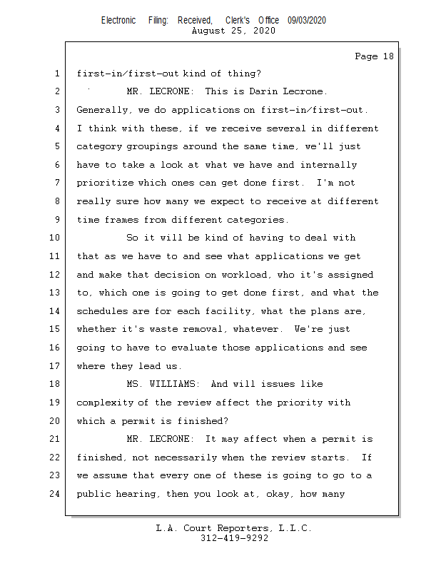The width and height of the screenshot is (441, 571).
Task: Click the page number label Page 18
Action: [374, 56]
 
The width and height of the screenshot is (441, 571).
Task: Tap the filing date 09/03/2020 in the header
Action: [307, 21]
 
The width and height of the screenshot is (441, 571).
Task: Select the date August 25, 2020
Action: [234, 31]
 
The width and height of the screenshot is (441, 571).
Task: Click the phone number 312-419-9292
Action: [234, 538]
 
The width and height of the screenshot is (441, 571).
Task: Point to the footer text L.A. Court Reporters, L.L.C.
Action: [234, 528]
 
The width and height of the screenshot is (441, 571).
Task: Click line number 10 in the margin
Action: [55, 238]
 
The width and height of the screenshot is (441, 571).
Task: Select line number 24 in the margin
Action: [55, 493]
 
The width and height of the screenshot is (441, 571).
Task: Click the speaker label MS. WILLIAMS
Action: [166, 384]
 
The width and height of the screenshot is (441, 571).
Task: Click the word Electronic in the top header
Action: [118, 21]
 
